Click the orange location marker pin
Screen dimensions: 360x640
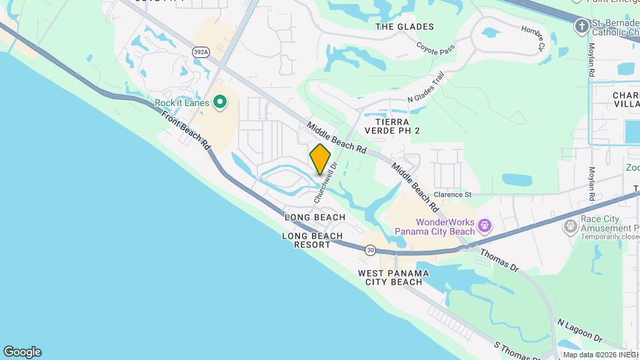point(320,159)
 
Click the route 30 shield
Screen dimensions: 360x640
point(371,250)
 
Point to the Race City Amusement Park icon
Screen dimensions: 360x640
point(570,227)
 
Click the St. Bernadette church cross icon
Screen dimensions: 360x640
point(581,26)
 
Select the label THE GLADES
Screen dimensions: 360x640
point(404,27)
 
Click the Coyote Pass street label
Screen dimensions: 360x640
point(436,48)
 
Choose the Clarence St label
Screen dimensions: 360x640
point(453,195)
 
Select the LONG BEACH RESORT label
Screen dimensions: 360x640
point(312,240)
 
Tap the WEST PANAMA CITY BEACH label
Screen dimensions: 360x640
point(390,277)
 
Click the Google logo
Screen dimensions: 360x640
point(22,352)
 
